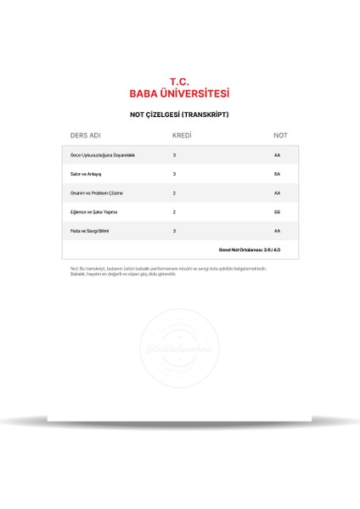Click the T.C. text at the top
coord(179,81)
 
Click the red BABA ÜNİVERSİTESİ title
coord(179,94)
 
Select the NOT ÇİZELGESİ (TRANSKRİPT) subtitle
coord(179,115)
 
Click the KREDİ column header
coord(181,136)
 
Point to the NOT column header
coord(280,136)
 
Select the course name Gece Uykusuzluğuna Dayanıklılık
coord(103,155)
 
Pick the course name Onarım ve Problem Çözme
coord(97,193)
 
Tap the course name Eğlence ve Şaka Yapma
coord(94,211)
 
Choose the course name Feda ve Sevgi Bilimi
coord(90,231)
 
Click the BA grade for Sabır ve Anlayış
coord(277,174)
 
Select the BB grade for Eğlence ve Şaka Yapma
coord(277,211)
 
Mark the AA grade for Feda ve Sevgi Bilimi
coord(277,231)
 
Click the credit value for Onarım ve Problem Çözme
coord(174,193)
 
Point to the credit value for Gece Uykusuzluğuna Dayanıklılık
coord(174,155)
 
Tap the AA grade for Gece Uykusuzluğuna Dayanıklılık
coord(277,155)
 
